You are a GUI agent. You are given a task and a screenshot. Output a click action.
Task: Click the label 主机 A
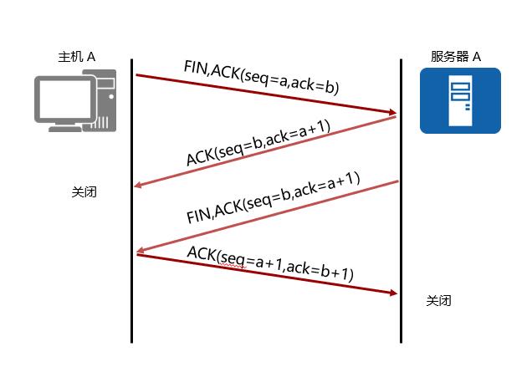76,57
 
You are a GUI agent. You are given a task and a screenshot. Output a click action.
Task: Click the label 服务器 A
456,57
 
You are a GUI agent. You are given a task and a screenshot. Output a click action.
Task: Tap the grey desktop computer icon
76,102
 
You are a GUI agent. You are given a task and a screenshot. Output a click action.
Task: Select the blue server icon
459,100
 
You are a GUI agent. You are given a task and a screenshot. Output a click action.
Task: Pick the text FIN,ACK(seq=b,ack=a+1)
273,198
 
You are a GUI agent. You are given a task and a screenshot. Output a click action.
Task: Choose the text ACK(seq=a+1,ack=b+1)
269,263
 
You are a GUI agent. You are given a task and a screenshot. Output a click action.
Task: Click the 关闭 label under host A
84,191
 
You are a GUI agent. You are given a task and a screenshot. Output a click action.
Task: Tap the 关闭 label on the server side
438,301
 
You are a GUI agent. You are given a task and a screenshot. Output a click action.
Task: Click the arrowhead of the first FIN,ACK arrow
391,112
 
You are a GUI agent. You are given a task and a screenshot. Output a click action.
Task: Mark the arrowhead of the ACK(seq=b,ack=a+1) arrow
140,185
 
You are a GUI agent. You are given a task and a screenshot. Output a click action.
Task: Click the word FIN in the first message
195,67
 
